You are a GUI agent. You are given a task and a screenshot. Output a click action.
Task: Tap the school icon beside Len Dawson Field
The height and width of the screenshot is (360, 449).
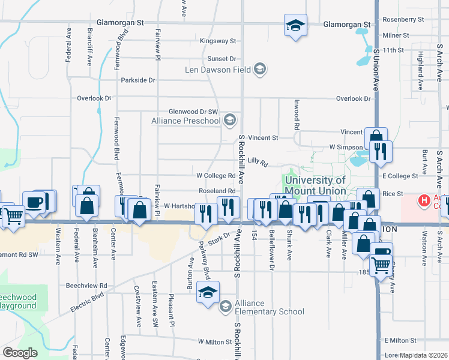(x=260, y=70)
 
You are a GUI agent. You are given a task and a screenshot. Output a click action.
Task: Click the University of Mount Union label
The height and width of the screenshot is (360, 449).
(x=315, y=185)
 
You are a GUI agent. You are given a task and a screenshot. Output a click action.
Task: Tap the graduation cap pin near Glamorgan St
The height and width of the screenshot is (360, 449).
(x=295, y=25)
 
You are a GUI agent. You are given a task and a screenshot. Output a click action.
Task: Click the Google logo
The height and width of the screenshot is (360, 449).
(x=20, y=353)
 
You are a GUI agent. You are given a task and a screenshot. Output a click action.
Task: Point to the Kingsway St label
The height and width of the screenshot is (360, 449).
(x=218, y=41)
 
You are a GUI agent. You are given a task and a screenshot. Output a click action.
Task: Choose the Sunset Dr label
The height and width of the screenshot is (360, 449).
(x=222, y=59)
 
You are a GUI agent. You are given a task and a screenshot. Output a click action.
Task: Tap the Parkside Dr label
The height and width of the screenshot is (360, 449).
(x=138, y=80)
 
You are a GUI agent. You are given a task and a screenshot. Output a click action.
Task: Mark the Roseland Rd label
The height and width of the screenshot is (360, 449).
(x=216, y=191)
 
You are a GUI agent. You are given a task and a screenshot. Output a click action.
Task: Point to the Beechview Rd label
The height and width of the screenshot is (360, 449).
(x=86, y=286)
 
